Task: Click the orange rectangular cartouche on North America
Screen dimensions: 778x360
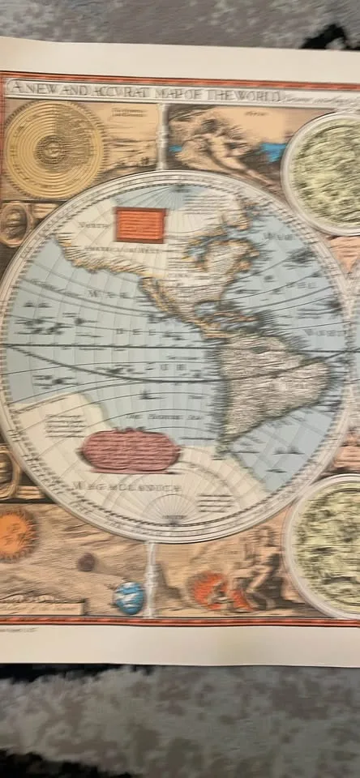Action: (x=141, y=224)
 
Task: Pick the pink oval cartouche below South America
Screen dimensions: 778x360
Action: (x=132, y=451)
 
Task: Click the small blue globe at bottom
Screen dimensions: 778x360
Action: (x=129, y=598)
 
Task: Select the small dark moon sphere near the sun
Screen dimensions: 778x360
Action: (x=86, y=562)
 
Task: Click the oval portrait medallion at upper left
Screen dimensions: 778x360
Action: (x=13, y=224)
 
